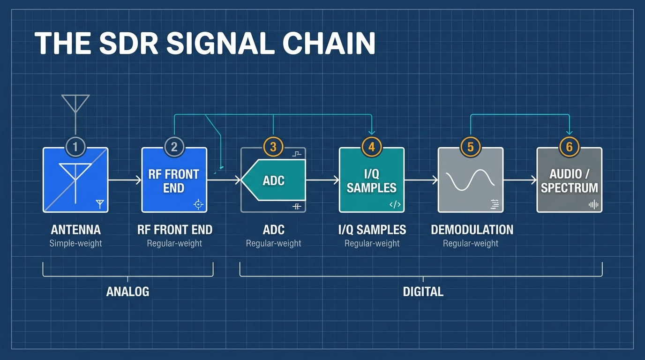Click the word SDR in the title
tap(128, 43)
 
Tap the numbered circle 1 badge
tap(75, 147)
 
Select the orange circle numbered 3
tap(273, 147)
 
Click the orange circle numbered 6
tap(569, 147)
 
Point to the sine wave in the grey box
tap(470, 180)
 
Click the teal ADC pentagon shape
tap(273, 180)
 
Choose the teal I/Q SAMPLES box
tap(372, 180)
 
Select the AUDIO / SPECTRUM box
tap(569, 180)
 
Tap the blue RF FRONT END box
tap(174, 180)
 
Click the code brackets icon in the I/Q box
tap(395, 204)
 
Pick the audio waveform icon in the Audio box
tap(593, 204)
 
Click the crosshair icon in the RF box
tap(198, 204)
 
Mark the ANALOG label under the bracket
tap(127, 292)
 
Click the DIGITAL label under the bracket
tap(423, 292)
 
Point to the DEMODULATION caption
tap(472, 230)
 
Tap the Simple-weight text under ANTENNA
tap(75, 243)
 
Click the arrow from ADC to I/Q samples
tap(322, 180)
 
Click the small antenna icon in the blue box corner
tap(100, 204)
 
